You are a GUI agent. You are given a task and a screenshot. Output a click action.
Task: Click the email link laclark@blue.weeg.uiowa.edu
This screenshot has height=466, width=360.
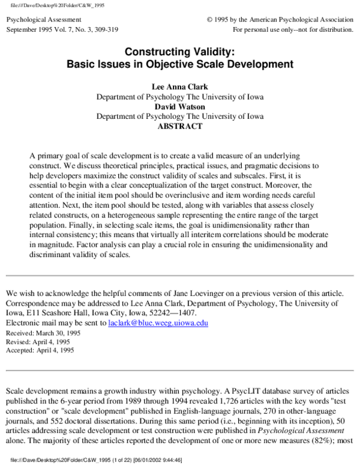point(158,322)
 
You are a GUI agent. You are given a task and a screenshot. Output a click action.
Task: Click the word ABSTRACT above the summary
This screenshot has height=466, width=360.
point(179,127)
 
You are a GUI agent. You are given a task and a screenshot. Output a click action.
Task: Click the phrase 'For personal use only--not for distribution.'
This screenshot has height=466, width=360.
point(293,29)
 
